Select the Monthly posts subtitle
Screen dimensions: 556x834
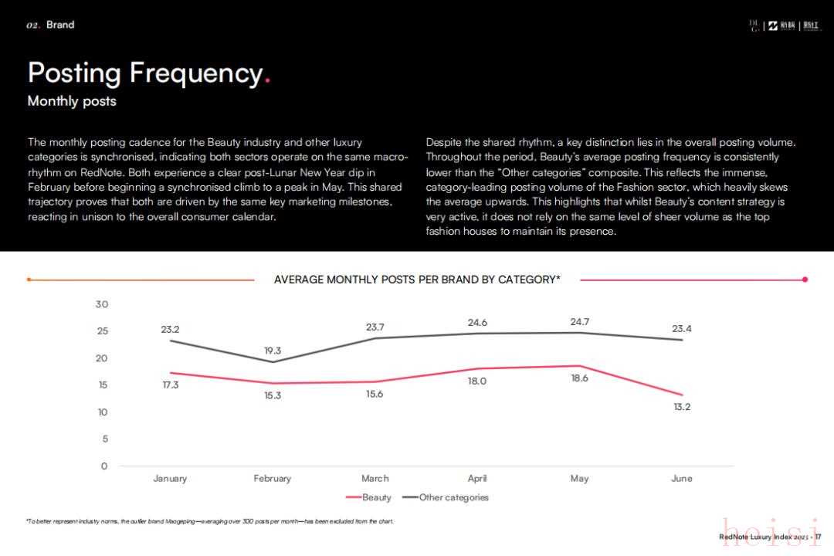[72, 101]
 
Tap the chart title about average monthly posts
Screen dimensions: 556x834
[417, 280]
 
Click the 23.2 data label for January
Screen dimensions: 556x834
[170, 329]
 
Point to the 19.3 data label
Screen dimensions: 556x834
[273, 351]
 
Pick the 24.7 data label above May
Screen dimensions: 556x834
[580, 322]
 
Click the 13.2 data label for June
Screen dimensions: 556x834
[682, 407]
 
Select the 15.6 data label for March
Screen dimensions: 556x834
[375, 394]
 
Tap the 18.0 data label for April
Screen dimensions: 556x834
[477, 381]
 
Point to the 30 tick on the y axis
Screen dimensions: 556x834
[102, 304]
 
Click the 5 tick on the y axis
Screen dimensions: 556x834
[104, 439]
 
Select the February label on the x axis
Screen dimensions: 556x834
[273, 479]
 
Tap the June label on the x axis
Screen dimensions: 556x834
[682, 479]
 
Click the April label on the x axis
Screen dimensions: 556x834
[477, 479]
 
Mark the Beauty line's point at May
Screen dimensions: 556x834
[580, 366]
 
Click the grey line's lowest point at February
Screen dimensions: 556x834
[273, 362]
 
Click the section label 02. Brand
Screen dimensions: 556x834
[50, 25]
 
